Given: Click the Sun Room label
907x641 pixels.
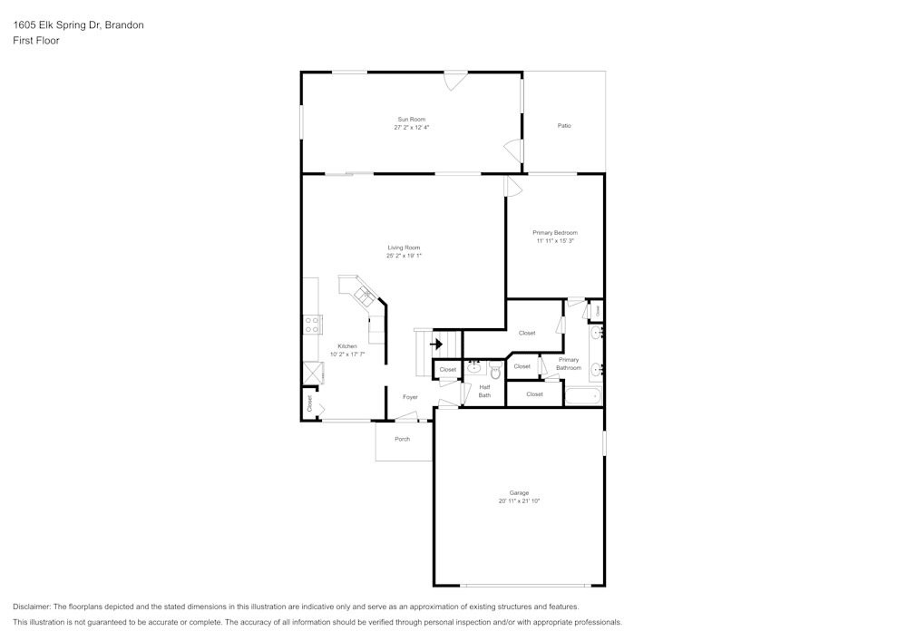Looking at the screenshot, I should [411, 120].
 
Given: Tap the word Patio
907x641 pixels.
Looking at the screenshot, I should [564, 126].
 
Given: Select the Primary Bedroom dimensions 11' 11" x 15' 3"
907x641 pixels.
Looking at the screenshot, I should [554, 241].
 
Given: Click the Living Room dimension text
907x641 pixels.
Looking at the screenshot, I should [404, 256].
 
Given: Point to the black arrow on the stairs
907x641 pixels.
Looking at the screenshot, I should [436, 344].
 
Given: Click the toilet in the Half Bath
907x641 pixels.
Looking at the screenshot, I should [495, 371].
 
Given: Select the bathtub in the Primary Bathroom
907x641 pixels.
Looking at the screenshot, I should [582, 397].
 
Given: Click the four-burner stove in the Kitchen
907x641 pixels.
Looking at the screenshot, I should [312, 324].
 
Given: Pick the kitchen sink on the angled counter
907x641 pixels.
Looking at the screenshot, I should [365, 294].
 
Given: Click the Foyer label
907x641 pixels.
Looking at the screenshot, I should [410, 397].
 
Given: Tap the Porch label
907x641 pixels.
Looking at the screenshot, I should [402, 439].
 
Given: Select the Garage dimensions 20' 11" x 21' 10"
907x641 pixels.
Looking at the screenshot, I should [519, 501].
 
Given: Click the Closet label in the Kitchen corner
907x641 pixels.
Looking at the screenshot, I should [309, 404].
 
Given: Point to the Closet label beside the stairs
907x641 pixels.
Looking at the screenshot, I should [447, 370].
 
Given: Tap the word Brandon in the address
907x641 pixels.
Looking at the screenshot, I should [124, 25].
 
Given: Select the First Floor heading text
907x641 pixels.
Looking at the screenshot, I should [36, 41].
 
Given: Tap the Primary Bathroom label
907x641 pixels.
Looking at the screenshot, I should [568, 364].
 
